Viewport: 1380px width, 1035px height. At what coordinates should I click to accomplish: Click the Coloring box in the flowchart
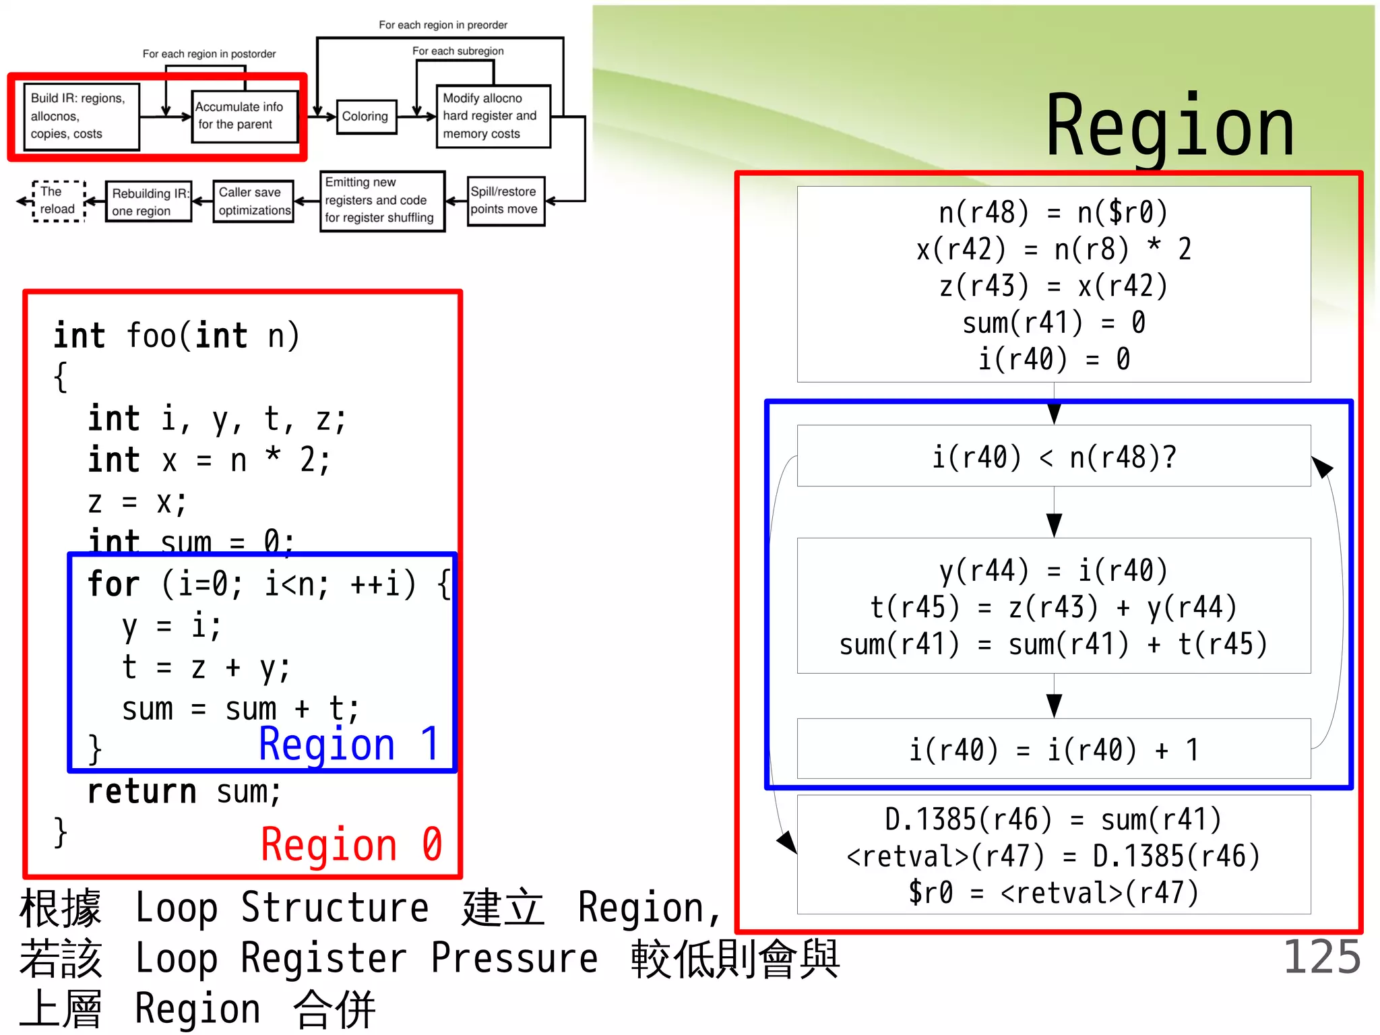click(x=365, y=117)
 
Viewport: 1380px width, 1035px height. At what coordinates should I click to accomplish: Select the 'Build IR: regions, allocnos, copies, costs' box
click(x=81, y=117)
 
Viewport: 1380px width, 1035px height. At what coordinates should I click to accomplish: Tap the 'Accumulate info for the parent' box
click(x=244, y=116)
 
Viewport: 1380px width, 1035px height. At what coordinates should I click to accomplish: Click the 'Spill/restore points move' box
click(x=505, y=201)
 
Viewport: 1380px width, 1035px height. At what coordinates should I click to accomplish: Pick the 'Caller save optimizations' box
click(x=253, y=201)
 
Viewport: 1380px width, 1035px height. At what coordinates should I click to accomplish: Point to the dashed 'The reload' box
click(x=59, y=201)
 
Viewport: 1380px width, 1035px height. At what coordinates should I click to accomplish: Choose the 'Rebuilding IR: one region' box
click(x=149, y=201)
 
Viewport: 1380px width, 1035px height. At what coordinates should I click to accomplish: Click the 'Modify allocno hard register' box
click(x=493, y=117)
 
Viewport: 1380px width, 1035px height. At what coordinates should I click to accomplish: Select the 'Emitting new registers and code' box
click(x=381, y=201)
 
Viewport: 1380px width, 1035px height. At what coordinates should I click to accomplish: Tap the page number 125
click(x=1321, y=957)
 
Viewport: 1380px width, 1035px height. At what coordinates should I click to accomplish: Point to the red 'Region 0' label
click(x=351, y=845)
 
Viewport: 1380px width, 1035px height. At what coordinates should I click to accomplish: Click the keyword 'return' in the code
click(x=142, y=792)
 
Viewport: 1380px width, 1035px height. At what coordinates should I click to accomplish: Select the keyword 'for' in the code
click(x=114, y=584)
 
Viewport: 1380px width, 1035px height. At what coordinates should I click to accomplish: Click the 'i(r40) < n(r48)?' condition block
click(x=1053, y=457)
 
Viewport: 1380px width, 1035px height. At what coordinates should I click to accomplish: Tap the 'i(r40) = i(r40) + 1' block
click(x=1053, y=749)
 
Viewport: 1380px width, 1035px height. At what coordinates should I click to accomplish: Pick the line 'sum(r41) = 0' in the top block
click(x=1053, y=322)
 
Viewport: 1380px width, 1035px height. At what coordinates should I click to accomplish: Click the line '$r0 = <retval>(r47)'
click(x=1053, y=893)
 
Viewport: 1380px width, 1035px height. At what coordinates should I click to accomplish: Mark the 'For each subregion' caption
click(x=458, y=51)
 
